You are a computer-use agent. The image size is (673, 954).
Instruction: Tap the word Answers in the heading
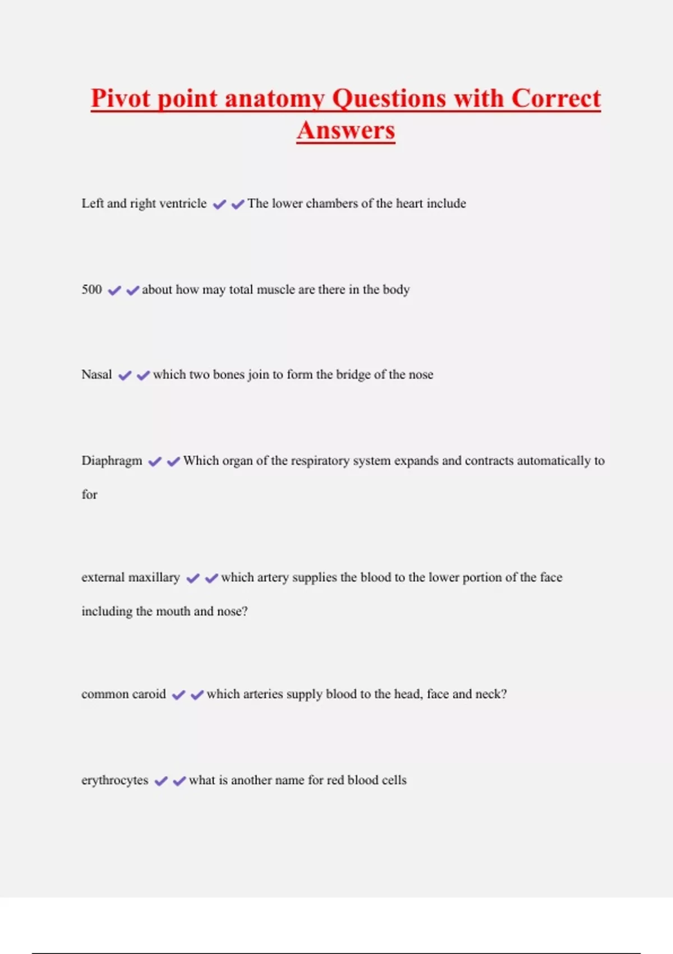346,131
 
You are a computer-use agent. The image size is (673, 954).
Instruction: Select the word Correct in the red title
556,99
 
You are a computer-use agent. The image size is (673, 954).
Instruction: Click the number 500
92,290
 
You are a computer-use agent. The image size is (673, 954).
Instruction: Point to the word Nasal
96,374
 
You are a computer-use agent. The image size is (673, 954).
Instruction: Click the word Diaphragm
112,461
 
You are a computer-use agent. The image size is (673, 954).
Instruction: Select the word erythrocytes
115,780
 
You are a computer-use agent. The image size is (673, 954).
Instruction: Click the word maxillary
154,577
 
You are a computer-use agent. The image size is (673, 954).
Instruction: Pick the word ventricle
183,203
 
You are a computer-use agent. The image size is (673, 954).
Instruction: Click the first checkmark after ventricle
219,204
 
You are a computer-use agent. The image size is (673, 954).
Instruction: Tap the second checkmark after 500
132,291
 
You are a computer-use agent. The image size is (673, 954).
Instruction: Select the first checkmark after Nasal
125,375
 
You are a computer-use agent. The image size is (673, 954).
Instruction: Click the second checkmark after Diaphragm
173,461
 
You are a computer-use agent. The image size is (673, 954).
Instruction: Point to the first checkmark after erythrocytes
161,781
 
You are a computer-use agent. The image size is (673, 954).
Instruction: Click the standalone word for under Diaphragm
90,494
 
